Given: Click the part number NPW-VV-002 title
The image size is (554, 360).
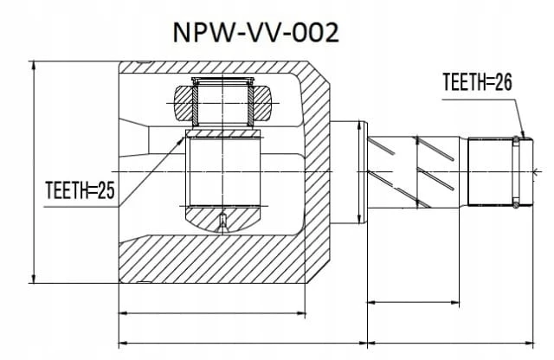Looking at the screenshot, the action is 256,33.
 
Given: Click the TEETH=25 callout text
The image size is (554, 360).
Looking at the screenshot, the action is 81,190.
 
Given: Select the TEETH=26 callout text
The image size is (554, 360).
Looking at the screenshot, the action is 477,82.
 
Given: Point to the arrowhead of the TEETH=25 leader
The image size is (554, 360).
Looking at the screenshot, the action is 182,138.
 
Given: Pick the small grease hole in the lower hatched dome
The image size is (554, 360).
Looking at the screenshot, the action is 222,222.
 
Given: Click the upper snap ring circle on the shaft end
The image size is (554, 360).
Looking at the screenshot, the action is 516,140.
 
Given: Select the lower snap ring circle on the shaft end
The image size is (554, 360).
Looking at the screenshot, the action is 516,203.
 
